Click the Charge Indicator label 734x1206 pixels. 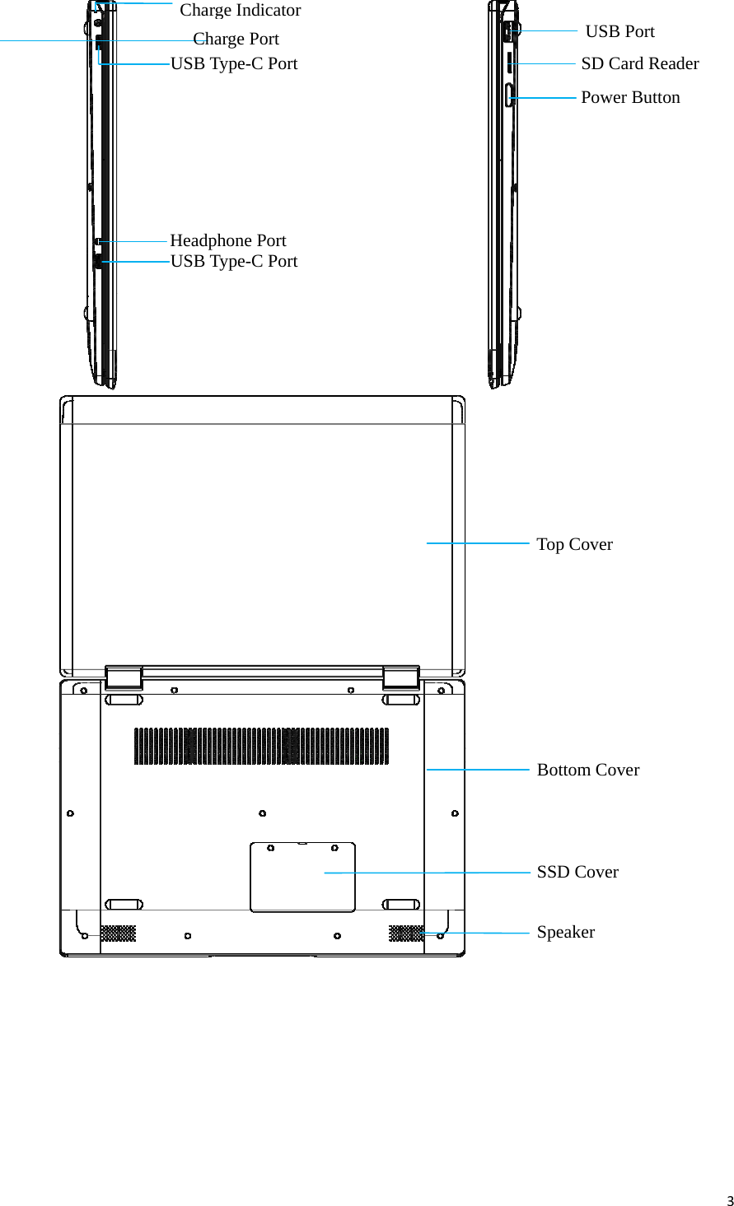[x=240, y=11]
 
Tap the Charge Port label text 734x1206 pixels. [x=236, y=39]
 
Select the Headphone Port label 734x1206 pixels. [x=227, y=240]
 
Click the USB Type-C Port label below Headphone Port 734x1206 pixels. [x=234, y=261]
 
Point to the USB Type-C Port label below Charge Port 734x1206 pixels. [x=234, y=63]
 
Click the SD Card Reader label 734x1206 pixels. [x=639, y=63]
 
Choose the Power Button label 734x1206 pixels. [x=630, y=97]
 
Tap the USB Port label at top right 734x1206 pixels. [x=619, y=31]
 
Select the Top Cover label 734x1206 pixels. [x=574, y=544]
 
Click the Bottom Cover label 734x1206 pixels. [x=587, y=770]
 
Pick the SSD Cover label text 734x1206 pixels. [x=577, y=872]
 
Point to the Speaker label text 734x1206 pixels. [x=565, y=932]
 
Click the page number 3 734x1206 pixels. [x=729, y=1200]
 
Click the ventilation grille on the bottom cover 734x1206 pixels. [x=261, y=746]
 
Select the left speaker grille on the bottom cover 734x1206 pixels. [x=119, y=933]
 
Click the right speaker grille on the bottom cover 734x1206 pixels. [x=406, y=933]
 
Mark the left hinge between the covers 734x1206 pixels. [x=124, y=678]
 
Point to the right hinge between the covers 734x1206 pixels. [x=401, y=678]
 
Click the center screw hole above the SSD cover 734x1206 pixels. [x=262, y=813]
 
